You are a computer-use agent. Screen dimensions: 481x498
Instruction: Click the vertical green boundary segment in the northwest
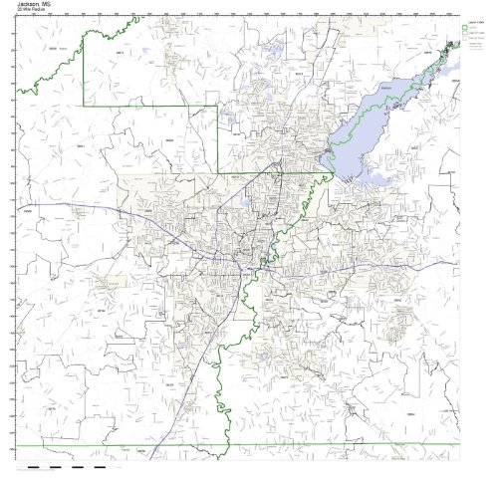pyautogui.click(x=83, y=70)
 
